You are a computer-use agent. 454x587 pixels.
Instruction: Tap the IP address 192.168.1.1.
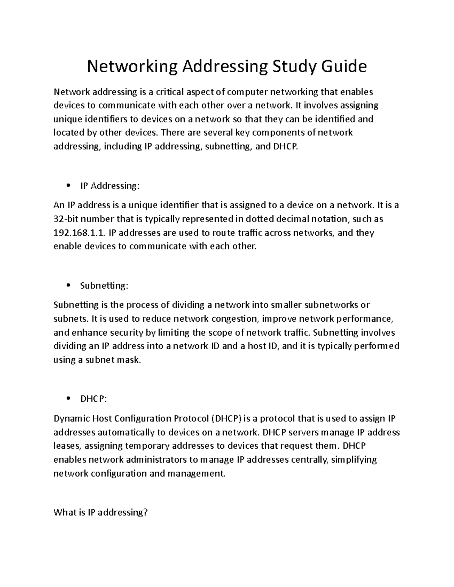click(80, 233)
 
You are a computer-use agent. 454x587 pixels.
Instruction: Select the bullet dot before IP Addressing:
click(68, 186)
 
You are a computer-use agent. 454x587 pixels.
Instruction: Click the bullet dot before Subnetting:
click(68, 286)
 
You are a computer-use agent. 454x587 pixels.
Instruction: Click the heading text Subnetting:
click(104, 286)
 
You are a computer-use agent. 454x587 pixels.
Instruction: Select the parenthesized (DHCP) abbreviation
click(226, 419)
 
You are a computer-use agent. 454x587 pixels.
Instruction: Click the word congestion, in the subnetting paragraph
click(235, 319)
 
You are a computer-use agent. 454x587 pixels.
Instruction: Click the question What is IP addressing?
click(100, 513)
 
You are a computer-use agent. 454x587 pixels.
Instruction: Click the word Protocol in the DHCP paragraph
click(191, 419)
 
